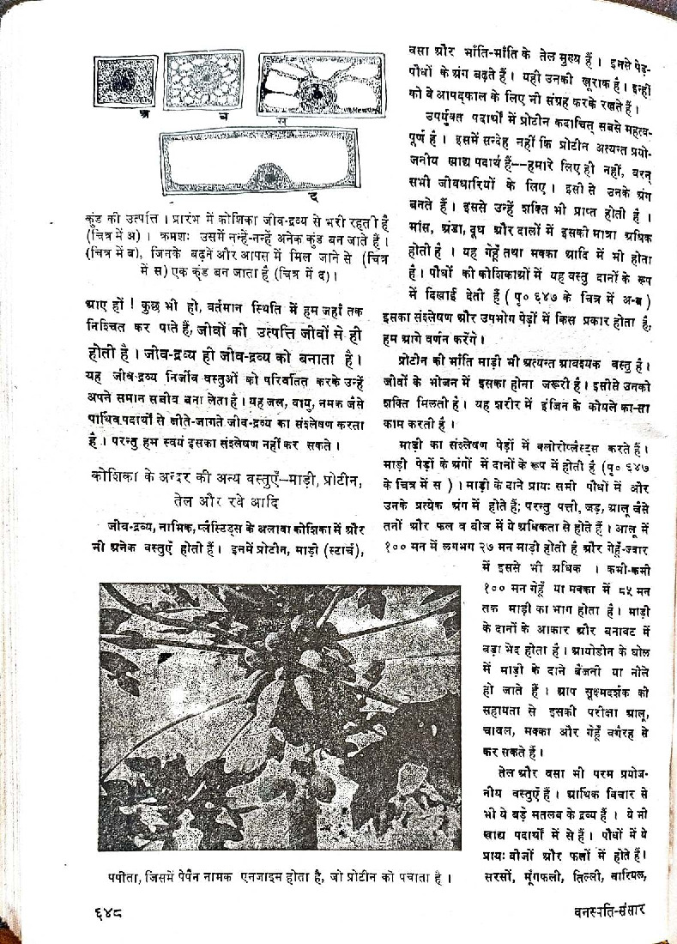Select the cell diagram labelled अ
click(125, 82)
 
